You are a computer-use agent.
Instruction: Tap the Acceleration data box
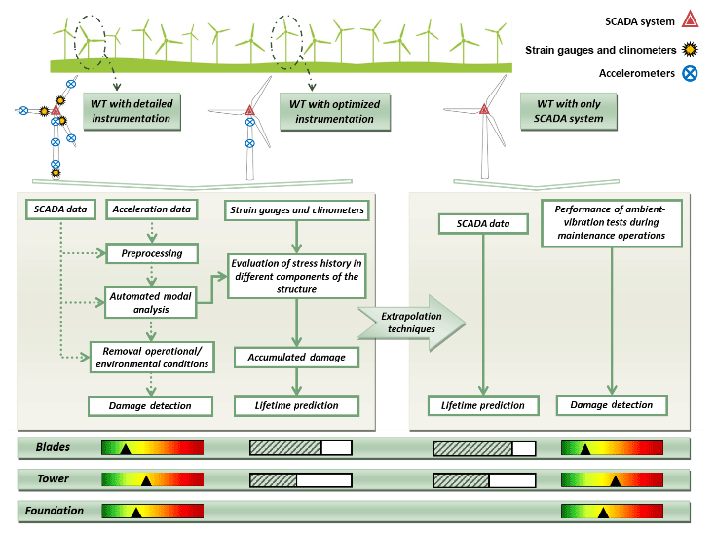150,209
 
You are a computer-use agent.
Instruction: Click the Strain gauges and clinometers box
296,209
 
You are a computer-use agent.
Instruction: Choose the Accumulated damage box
296,357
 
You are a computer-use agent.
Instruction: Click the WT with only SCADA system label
570,110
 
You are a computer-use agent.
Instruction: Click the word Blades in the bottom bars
53,447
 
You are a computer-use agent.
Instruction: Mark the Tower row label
51,479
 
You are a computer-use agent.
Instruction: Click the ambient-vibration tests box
612,222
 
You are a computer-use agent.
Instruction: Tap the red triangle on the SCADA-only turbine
483,109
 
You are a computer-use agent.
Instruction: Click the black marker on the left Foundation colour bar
136,512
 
